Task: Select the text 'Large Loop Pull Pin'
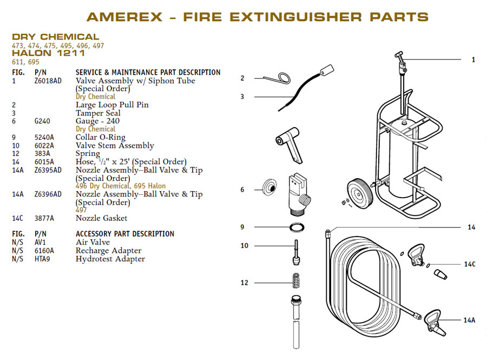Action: (111, 104)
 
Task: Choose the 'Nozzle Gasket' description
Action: (101, 218)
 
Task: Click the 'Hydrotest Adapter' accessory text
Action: (110, 259)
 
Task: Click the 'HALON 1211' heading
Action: (49, 53)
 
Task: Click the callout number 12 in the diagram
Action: (245, 283)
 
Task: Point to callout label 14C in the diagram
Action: (469, 265)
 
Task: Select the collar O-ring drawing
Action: (292, 226)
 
